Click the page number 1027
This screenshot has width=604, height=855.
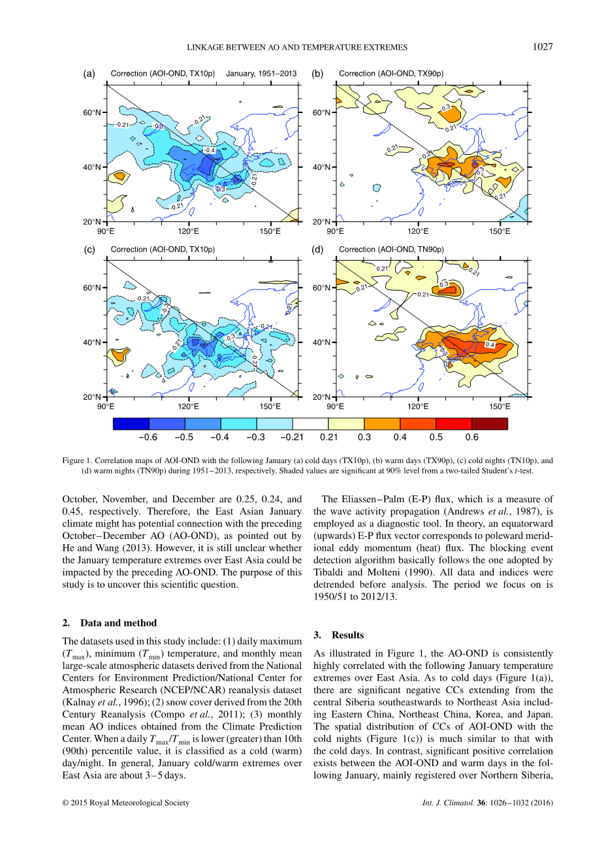543,46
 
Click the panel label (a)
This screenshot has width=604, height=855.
89,74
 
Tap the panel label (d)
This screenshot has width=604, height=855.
318,250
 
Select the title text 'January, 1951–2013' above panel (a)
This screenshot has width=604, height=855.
261,74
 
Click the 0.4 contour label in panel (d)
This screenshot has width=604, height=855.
490,345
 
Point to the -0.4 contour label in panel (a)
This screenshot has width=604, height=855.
209,150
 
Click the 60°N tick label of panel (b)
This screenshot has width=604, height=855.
321,112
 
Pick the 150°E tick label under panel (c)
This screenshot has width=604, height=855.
270,406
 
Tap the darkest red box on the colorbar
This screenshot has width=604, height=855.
489,424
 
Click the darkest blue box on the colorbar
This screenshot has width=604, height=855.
131,424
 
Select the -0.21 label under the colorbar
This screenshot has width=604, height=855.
292,438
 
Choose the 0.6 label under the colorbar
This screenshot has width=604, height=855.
471,438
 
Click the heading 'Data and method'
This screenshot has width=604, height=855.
118,623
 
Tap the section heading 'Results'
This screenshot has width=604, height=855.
347,635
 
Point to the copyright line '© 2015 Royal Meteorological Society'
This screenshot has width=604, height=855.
126,803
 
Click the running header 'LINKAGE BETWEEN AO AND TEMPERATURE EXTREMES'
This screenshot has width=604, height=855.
297,47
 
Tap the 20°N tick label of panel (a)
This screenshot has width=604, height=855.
92,222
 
